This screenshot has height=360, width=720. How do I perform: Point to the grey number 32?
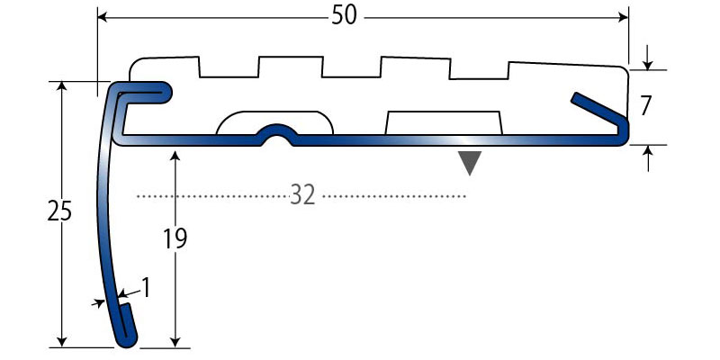coord(303,195)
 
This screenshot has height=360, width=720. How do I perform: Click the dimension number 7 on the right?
coord(645,106)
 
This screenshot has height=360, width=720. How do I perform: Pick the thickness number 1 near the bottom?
coord(146,288)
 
